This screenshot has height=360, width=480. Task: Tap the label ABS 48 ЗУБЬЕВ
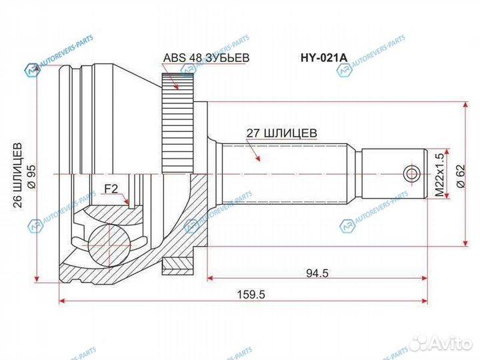pos(206,58)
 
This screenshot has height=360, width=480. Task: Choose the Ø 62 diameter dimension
pos(459,173)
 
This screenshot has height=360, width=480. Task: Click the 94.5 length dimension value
pos(317,273)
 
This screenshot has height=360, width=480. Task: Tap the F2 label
pos(111,189)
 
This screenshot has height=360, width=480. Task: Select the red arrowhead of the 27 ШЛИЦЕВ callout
pos(257,160)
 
